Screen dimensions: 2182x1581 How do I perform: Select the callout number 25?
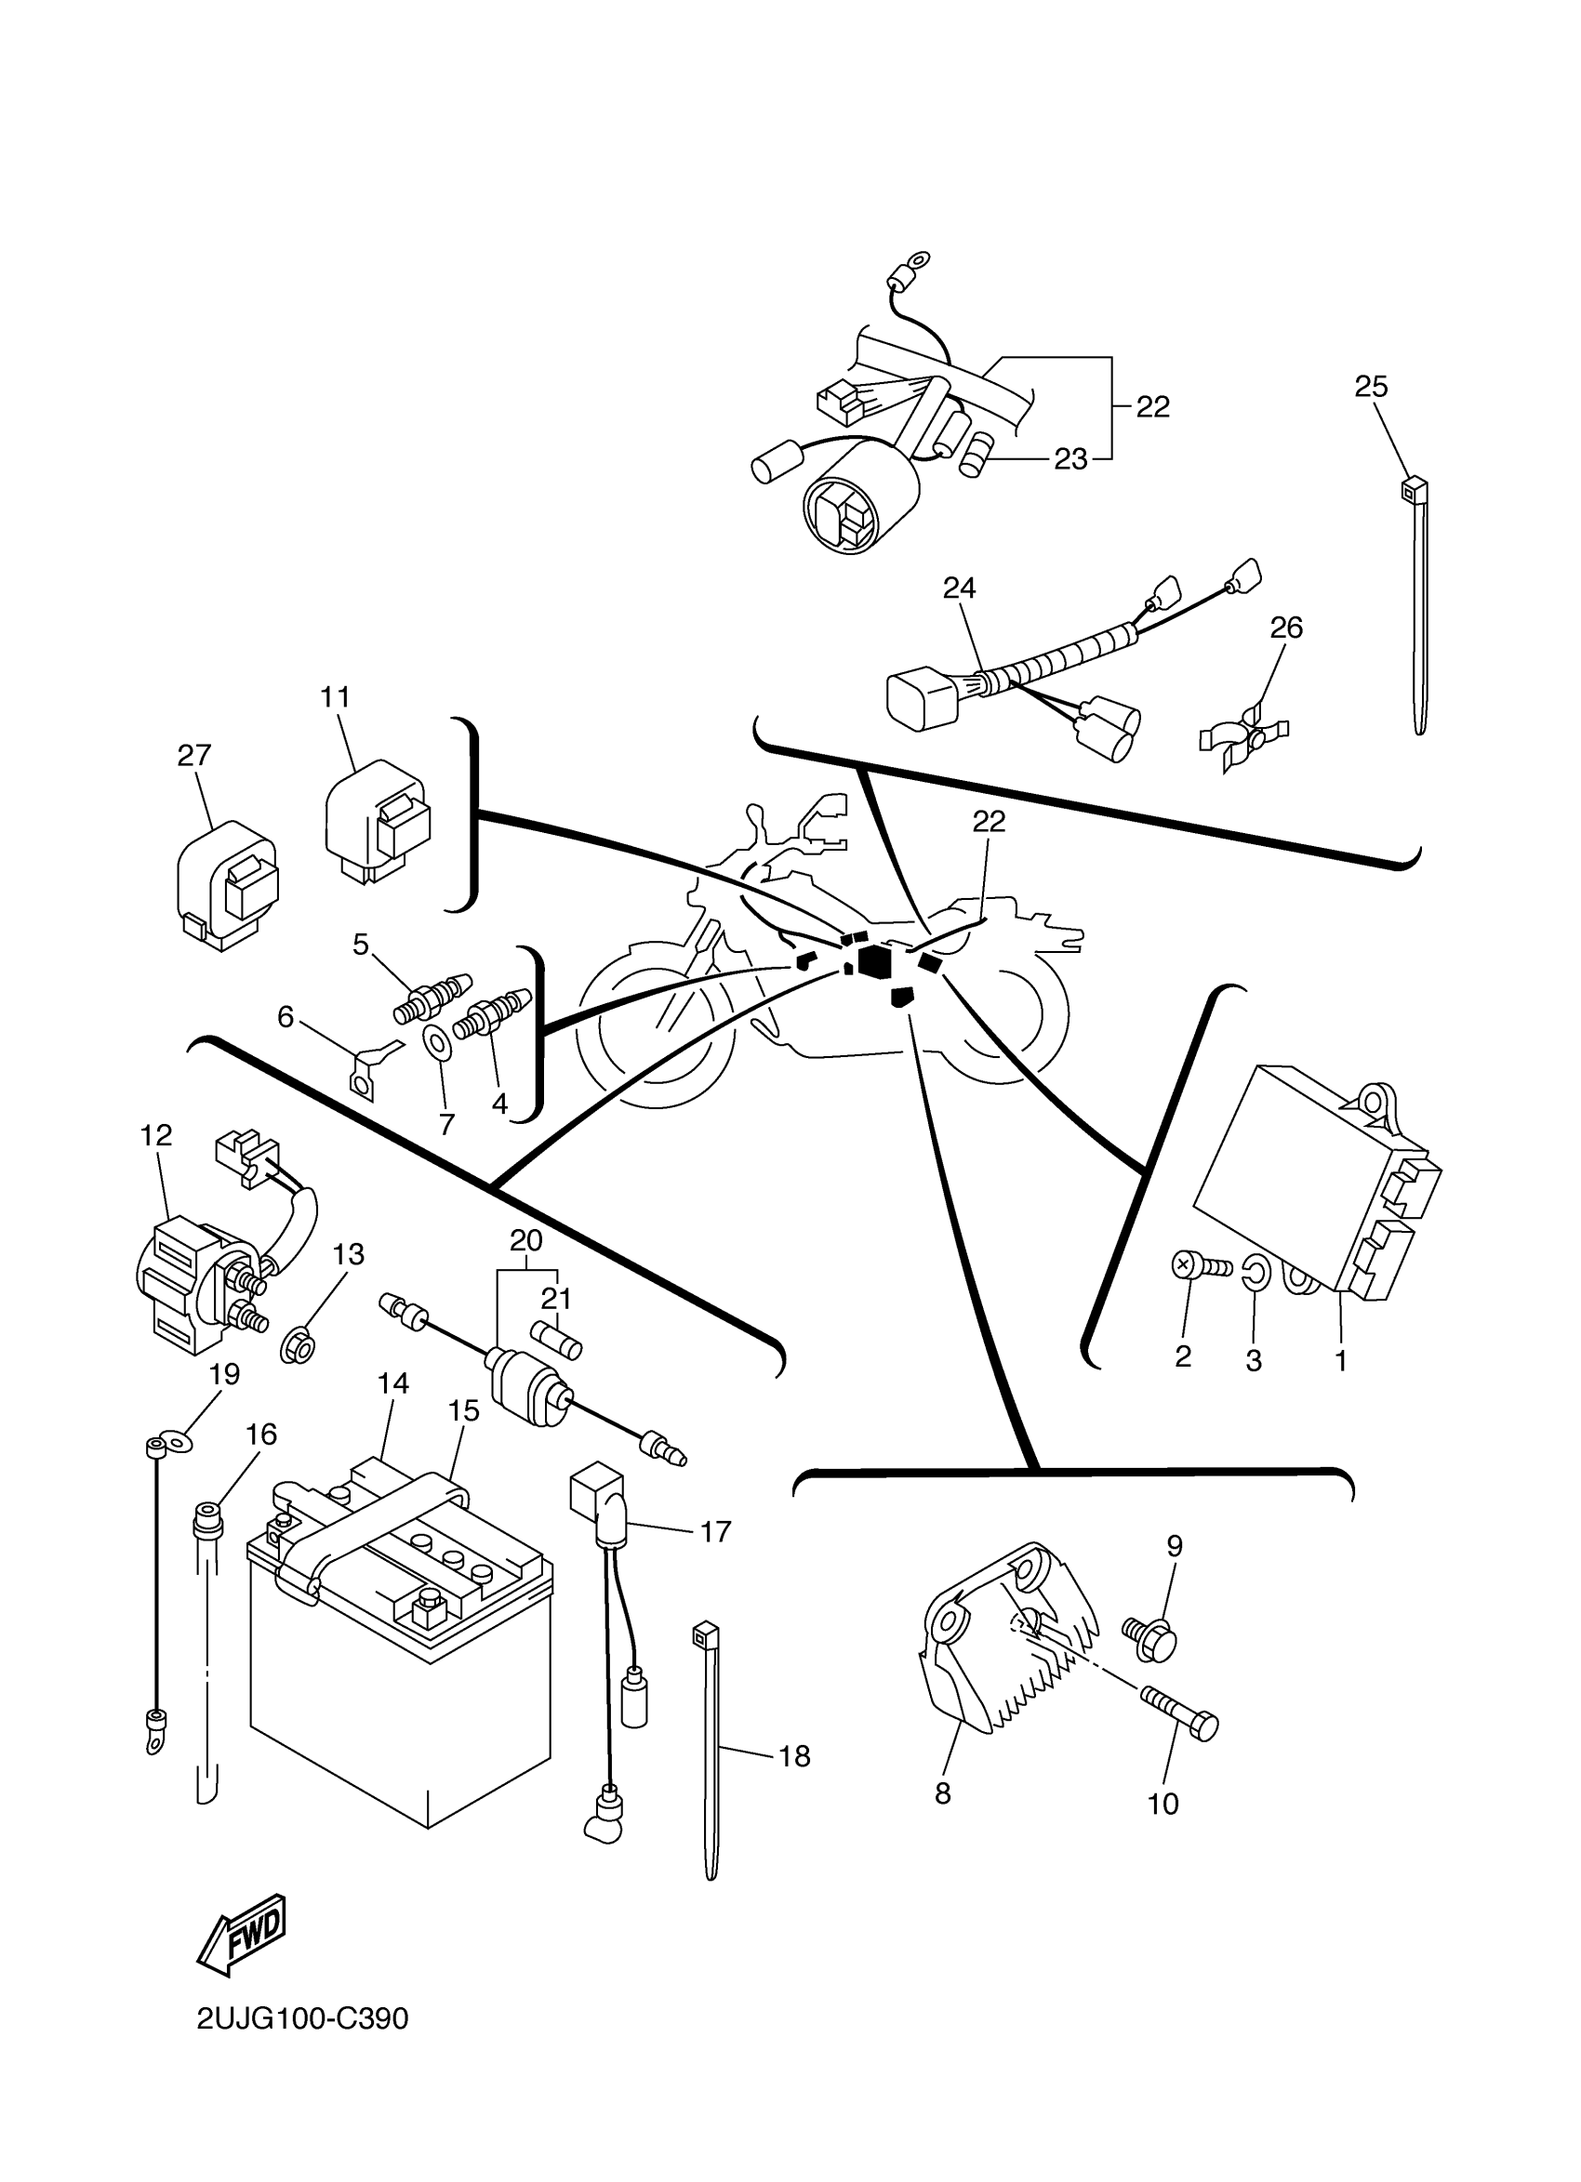coord(1371,387)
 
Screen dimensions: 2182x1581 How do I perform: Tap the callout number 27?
coord(194,755)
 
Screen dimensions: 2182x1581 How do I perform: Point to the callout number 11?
coord(335,696)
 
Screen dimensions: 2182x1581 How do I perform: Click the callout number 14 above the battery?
coord(393,1383)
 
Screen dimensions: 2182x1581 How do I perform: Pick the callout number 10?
coord(1162,1804)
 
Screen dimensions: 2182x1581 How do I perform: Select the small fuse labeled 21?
coord(557,1338)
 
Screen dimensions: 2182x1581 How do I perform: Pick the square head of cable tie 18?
coord(705,1633)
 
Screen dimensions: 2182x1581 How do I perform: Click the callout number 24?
coord(960,587)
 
